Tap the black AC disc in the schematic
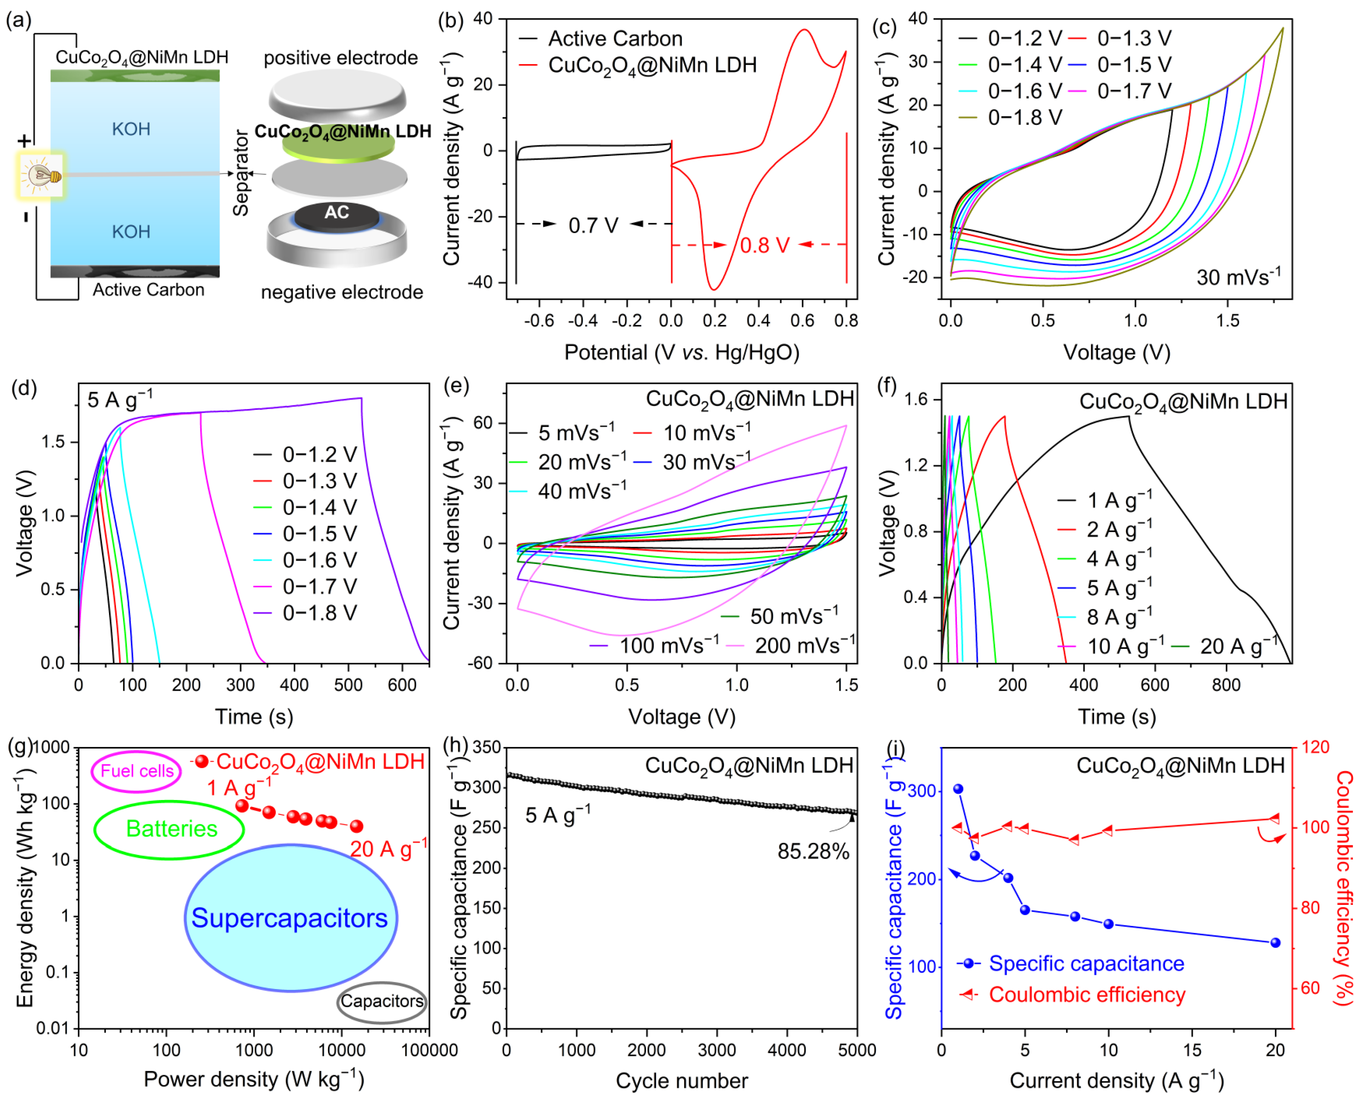pyautogui.click(x=337, y=213)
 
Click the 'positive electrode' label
pyautogui.click(x=341, y=58)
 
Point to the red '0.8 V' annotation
pyautogui.click(x=764, y=245)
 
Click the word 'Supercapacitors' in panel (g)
pyautogui.click(x=289, y=918)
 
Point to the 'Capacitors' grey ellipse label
pyautogui.click(x=381, y=1001)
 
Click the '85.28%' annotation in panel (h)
pyautogui.click(x=812, y=851)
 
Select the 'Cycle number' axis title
pyautogui.click(x=681, y=1081)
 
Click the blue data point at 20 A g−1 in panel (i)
pyautogui.click(x=1275, y=943)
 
